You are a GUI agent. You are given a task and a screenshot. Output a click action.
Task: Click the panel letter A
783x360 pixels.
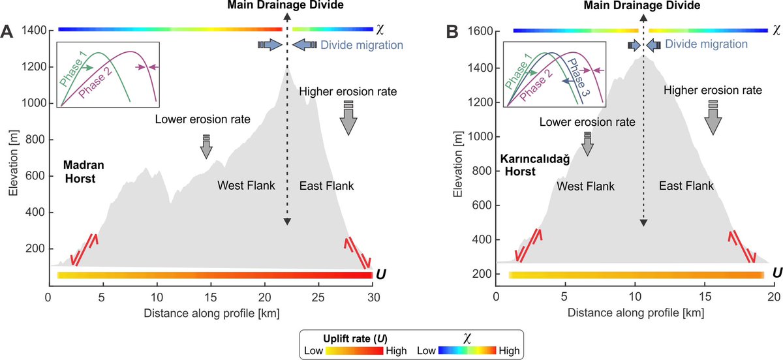pos(9,31)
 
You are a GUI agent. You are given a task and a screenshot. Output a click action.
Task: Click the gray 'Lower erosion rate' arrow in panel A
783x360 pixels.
pos(206,147)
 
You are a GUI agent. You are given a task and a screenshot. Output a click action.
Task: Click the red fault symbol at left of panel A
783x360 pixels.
pos(85,249)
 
